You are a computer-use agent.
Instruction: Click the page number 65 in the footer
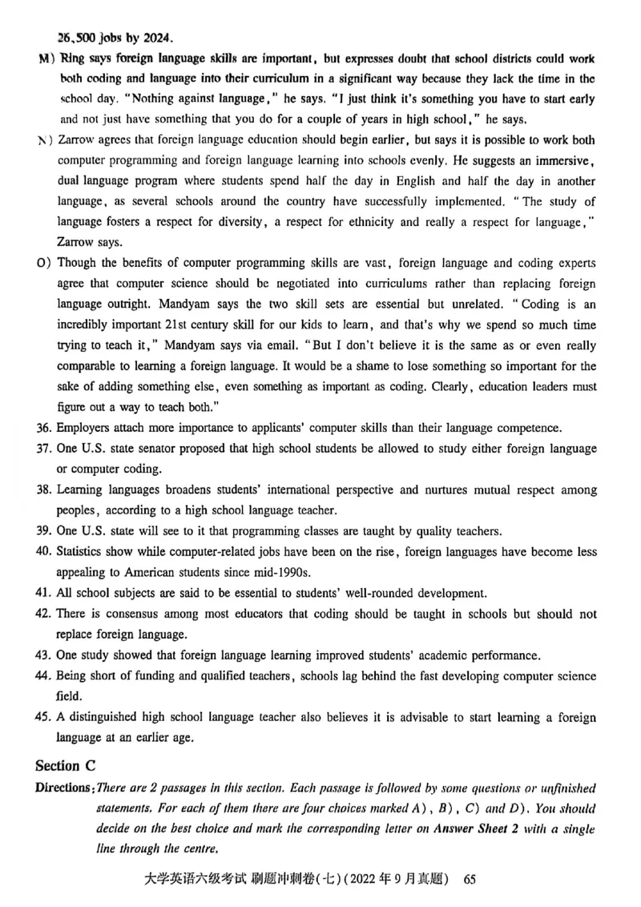pos(470,878)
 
